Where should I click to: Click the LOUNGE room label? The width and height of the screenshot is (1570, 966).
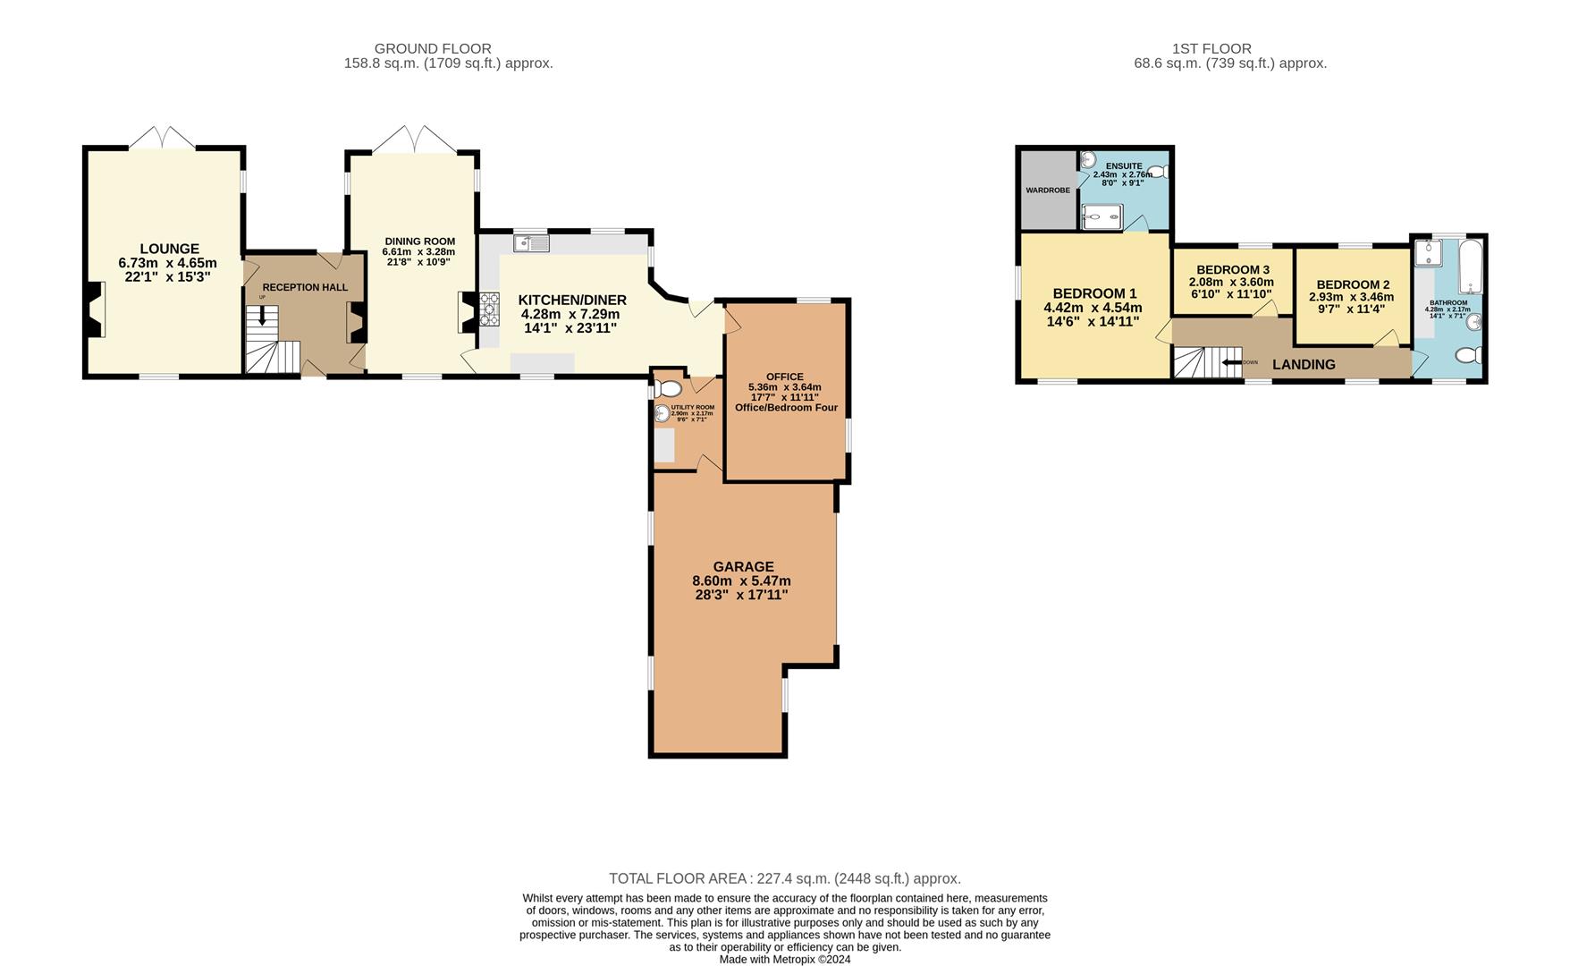[x=169, y=249]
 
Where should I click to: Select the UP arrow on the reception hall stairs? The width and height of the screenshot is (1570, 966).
[x=262, y=315]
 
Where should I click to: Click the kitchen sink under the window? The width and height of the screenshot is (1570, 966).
[x=531, y=242]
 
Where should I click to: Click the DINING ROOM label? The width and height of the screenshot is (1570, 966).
[x=419, y=241]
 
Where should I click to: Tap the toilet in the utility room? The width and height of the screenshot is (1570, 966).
[x=668, y=389]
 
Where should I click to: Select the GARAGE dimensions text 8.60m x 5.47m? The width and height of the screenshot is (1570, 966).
[x=741, y=580]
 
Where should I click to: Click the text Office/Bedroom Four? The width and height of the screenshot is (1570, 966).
[x=786, y=407]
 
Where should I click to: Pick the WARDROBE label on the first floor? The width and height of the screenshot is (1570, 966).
[x=1048, y=191]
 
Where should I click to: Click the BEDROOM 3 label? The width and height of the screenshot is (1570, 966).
[x=1232, y=270]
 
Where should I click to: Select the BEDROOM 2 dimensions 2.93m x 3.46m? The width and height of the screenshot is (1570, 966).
[x=1351, y=297]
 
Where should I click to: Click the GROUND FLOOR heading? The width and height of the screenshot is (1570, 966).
[x=433, y=48]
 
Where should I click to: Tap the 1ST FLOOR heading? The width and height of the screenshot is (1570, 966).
[x=1211, y=48]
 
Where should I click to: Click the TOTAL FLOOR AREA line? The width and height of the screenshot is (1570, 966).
[x=784, y=878]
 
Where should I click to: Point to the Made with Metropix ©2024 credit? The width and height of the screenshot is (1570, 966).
[x=784, y=959]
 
